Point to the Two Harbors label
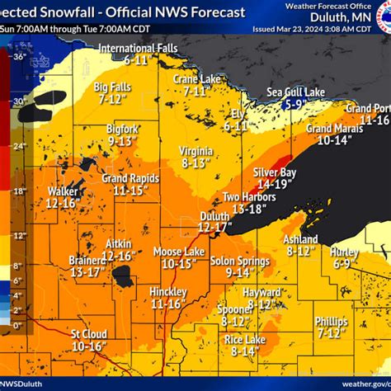point(247,203)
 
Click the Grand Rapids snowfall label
point(130,184)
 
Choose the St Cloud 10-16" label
point(87,340)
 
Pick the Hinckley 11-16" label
point(167,298)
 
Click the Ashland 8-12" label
point(302,243)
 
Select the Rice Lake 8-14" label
point(244,345)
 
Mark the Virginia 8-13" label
point(196,157)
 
